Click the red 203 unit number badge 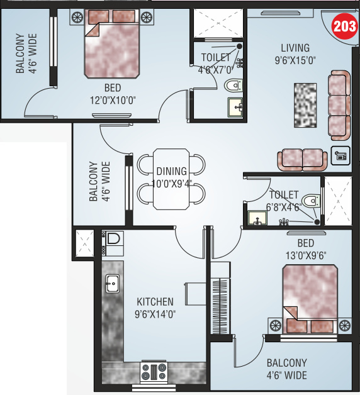point(344,27)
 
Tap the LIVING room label point(295,48)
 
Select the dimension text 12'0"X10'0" point(113,99)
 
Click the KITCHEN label point(155,303)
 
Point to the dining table point(171,179)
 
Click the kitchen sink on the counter point(112,284)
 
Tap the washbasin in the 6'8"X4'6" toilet point(256,219)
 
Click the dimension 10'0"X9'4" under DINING point(172,184)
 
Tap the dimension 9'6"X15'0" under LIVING point(295,60)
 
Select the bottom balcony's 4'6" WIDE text point(286,376)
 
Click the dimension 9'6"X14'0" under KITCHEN point(155,314)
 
